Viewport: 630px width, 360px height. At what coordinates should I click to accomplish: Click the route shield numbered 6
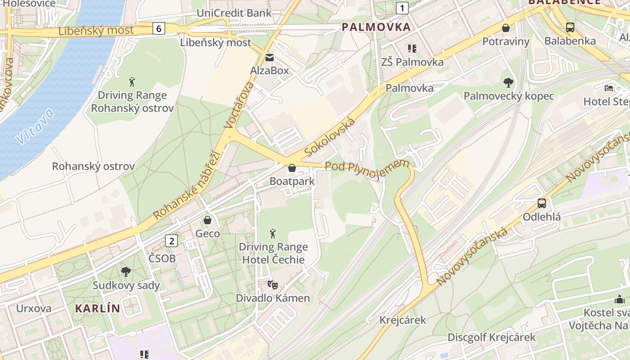(x=158, y=28)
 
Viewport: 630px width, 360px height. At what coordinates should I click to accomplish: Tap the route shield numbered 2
(x=171, y=241)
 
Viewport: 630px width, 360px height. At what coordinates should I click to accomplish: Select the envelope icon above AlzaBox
(x=270, y=58)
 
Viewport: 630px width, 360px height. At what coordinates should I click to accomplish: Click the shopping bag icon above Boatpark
(x=292, y=168)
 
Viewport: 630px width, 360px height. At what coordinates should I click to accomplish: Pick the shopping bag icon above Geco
(x=207, y=220)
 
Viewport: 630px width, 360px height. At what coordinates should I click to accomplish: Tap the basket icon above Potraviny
(x=506, y=28)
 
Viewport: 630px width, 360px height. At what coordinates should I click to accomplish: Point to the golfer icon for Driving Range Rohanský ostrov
(x=132, y=82)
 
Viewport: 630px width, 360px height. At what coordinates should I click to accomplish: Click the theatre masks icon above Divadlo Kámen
(x=273, y=285)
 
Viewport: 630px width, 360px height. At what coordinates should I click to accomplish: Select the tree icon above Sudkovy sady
(x=126, y=272)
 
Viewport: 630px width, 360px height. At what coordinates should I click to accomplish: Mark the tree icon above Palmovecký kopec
(x=508, y=83)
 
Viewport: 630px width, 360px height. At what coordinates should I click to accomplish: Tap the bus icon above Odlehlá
(x=542, y=203)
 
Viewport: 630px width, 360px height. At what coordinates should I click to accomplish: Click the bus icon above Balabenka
(x=570, y=27)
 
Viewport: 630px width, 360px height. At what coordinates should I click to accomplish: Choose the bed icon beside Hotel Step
(x=609, y=88)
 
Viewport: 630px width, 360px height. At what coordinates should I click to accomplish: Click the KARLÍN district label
(x=98, y=309)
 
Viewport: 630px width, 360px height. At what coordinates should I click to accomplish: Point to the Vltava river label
(x=35, y=126)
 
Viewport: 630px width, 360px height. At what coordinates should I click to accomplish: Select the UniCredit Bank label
(x=234, y=13)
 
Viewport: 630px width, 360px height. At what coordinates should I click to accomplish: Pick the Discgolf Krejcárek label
(x=491, y=337)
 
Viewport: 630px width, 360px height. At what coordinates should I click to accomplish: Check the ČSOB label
(x=162, y=259)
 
